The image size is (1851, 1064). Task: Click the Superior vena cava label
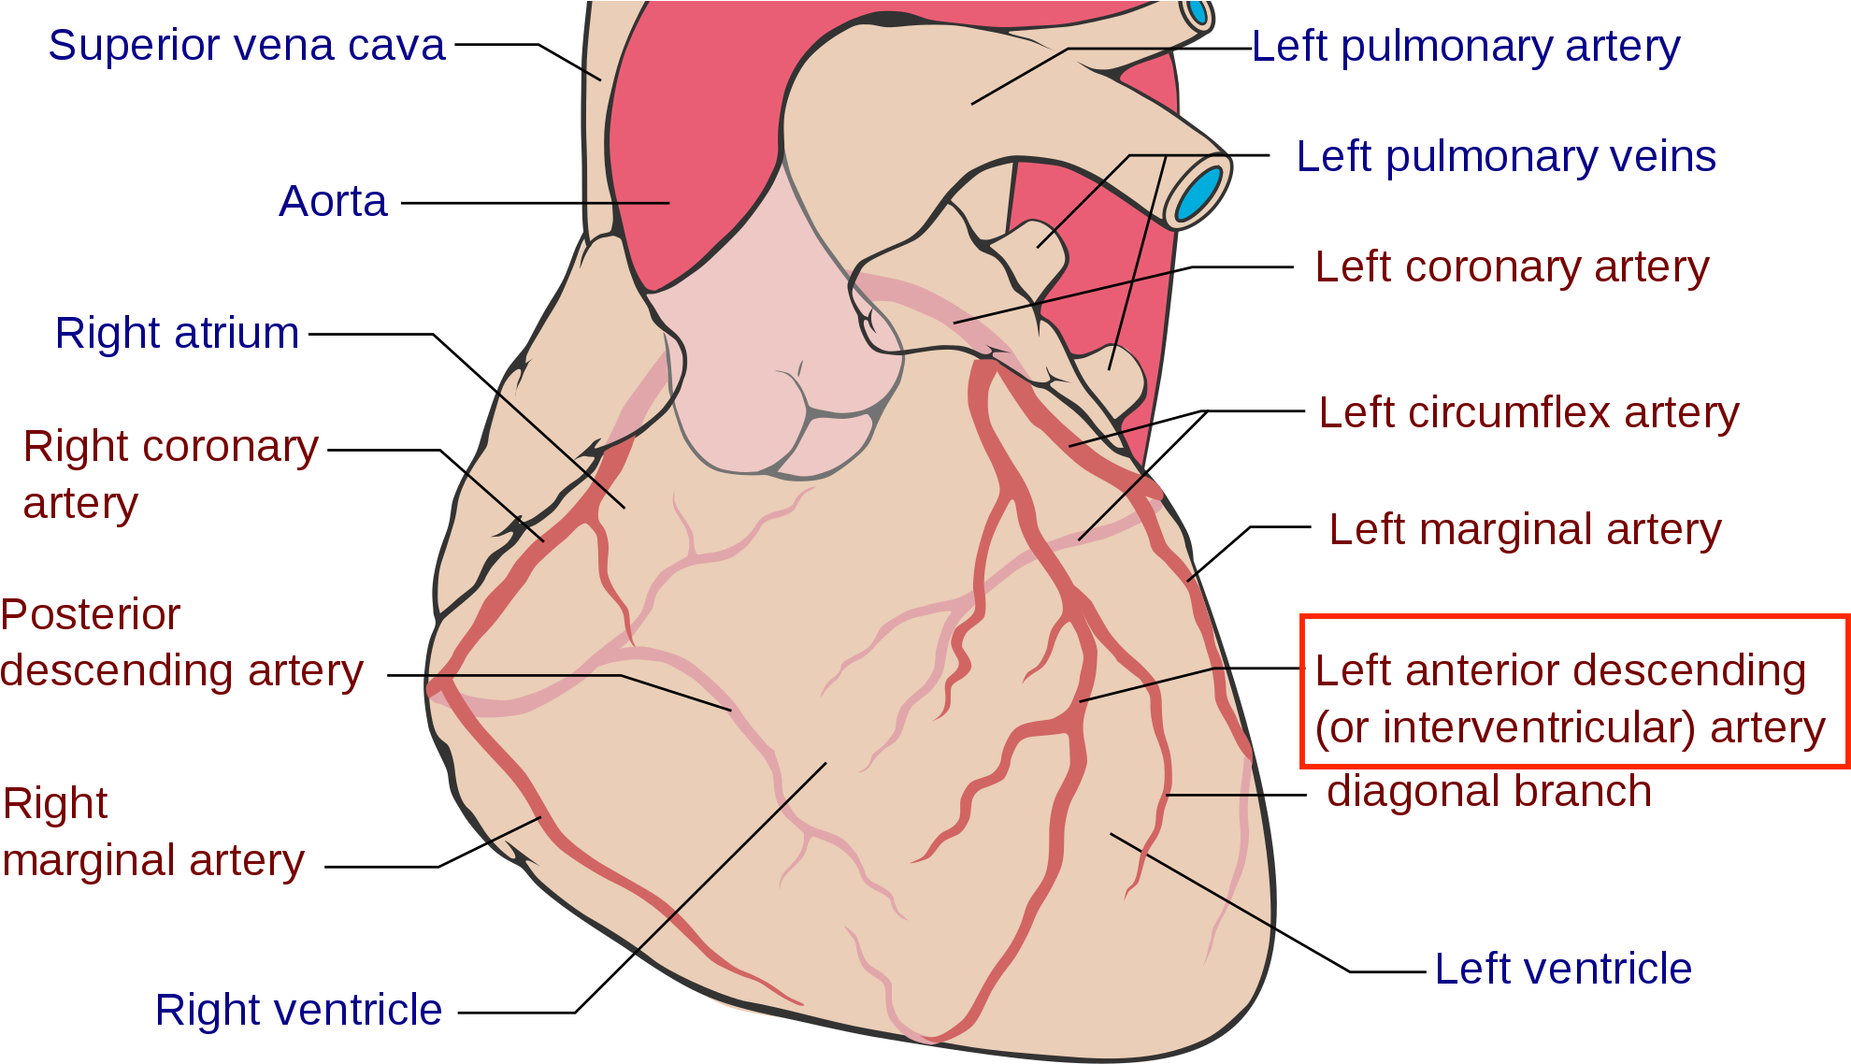(246, 46)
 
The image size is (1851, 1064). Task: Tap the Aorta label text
(333, 202)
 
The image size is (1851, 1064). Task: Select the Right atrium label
(177, 334)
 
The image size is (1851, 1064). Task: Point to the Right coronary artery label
(170, 474)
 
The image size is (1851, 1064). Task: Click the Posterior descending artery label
(181, 643)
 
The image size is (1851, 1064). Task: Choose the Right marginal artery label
(153, 832)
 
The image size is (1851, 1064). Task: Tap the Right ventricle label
(298, 1011)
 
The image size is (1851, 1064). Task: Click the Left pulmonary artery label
(1465, 48)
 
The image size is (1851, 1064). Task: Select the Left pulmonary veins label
(1506, 157)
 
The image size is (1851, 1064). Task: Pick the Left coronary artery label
(1512, 267)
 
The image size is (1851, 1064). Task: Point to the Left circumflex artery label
(1528, 413)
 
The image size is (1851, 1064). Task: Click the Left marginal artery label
(1525, 530)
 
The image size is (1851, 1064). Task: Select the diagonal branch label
(1489, 792)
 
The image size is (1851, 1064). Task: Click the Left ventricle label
(1563, 970)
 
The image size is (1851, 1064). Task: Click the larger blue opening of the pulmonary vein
(1200, 194)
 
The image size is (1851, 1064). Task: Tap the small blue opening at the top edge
(1197, 13)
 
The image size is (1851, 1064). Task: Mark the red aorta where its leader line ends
(667, 203)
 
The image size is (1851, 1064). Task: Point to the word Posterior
(90, 615)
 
